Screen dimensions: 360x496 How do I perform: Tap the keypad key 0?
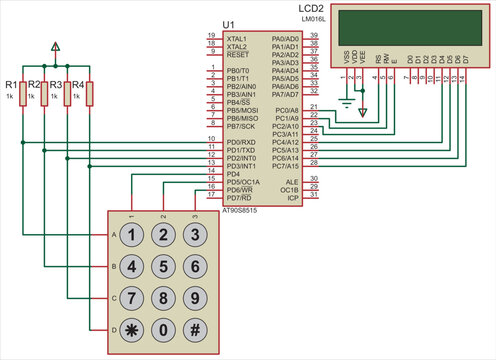(162, 328)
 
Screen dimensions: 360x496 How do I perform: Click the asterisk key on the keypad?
(131, 328)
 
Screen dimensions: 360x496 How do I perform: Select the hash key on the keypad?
(194, 328)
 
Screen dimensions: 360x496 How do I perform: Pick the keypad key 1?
(131, 236)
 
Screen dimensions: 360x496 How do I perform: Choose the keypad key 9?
(194, 297)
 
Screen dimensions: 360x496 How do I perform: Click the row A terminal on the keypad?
(113, 236)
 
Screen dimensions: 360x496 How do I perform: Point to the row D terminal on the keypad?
(113, 328)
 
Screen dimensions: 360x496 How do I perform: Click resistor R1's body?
(21, 94)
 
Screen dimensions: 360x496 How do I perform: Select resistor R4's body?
(90, 94)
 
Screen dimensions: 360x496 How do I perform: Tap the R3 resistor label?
(55, 84)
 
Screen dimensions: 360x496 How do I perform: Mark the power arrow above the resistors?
(55, 46)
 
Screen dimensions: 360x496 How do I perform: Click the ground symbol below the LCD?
(346, 101)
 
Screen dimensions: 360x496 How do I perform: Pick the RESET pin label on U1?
(237, 55)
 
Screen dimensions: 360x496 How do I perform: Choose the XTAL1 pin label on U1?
(237, 38)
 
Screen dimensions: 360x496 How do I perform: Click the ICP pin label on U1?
(292, 198)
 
